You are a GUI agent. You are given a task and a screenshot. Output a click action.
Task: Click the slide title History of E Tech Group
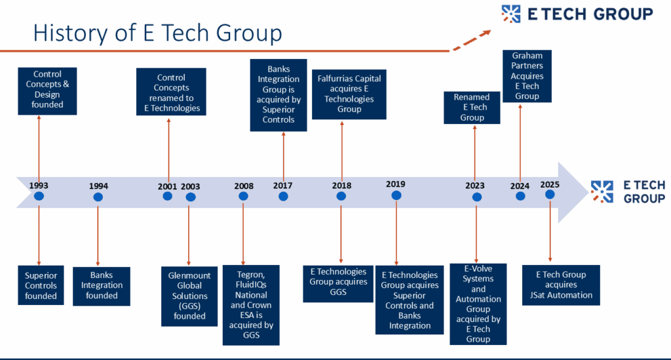tap(157, 33)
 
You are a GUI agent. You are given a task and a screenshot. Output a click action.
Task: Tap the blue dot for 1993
tap(39, 197)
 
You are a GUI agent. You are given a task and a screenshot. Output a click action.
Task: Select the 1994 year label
tap(98, 186)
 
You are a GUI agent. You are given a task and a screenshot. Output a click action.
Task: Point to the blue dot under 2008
tap(244, 196)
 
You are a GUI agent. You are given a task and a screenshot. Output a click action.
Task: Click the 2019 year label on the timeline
tap(395, 184)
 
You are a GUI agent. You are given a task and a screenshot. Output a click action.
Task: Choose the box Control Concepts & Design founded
tap(47, 91)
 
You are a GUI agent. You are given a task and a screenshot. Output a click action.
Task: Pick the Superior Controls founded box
tap(41, 285)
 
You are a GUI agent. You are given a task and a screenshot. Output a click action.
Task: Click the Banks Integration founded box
tap(102, 286)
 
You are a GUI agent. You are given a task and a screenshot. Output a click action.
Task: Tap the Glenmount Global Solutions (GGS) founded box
tap(189, 296)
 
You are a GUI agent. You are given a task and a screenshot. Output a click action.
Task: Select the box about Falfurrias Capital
tap(349, 94)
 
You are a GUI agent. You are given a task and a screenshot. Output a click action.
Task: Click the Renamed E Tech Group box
tap(472, 108)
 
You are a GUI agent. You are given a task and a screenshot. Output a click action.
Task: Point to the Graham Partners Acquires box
tap(527, 76)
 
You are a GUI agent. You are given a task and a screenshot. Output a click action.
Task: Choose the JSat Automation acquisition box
tap(561, 285)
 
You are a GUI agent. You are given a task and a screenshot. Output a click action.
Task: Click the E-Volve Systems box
tap(478, 304)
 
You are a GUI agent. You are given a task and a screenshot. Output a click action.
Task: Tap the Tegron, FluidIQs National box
tap(251, 305)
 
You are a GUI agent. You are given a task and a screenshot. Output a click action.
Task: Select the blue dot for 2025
tap(550, 194)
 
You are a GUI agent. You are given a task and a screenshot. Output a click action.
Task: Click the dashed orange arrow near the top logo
tap(472, 40)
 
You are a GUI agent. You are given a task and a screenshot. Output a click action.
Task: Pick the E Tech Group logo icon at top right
tap(511, 14)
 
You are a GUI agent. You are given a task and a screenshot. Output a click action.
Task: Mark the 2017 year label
tap(283, 186)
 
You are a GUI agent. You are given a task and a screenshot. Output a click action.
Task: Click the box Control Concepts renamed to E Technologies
tap(171, 92)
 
